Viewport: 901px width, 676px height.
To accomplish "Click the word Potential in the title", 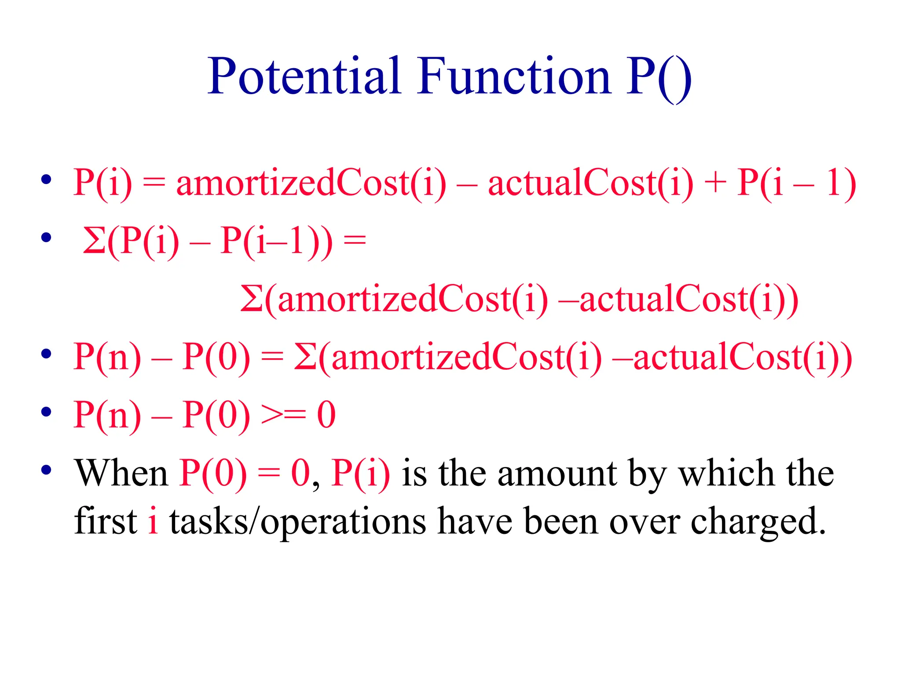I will (304, 77).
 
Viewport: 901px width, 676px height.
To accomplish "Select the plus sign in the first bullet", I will (715, 183).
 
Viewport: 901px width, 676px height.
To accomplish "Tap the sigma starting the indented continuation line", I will (252, 299).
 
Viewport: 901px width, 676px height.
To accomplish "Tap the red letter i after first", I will (153, 521).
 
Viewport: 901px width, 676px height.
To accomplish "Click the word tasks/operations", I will (298, 522).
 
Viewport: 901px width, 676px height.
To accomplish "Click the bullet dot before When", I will (46, 470).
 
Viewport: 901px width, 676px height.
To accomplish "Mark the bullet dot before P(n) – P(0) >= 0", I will (46, 412).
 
